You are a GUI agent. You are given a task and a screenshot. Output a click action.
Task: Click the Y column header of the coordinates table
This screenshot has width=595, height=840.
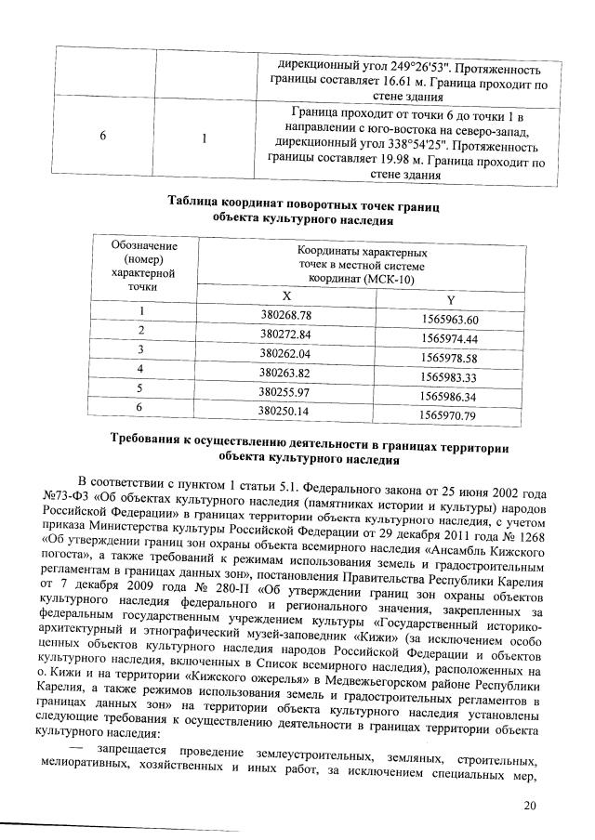(450, 300)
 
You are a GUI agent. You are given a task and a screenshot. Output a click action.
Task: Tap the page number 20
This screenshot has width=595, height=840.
(530, 805)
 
